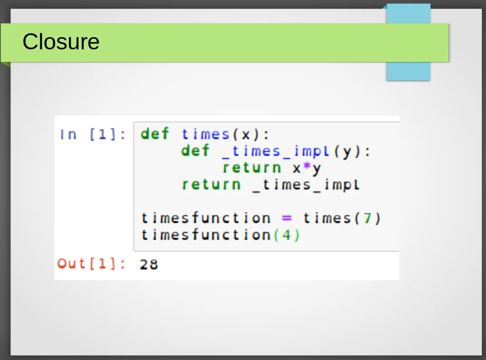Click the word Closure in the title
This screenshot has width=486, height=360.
(61, 42)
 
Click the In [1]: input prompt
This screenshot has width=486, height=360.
(93, 134)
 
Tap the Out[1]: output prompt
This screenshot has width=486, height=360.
(91, 264)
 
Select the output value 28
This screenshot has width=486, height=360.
(149, 264)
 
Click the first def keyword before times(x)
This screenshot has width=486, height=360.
(155, 134)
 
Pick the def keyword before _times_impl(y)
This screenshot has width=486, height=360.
(195, 150)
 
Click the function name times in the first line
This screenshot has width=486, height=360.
(205, 134)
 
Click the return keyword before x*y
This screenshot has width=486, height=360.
(252, 168)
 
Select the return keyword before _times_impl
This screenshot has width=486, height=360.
(211, 185)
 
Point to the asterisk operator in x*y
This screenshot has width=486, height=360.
(307, 167)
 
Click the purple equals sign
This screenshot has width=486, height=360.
(287, 218)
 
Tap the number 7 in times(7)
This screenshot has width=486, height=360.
(367, 218)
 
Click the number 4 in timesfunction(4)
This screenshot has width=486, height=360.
(286, 235)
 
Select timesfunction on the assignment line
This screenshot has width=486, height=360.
(206, 218)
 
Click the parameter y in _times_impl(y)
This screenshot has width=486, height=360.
(347, 152)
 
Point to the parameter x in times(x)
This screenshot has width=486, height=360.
(246, 135)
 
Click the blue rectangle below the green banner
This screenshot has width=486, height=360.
(408, 71)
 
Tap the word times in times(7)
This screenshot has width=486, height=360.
(327, 218)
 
